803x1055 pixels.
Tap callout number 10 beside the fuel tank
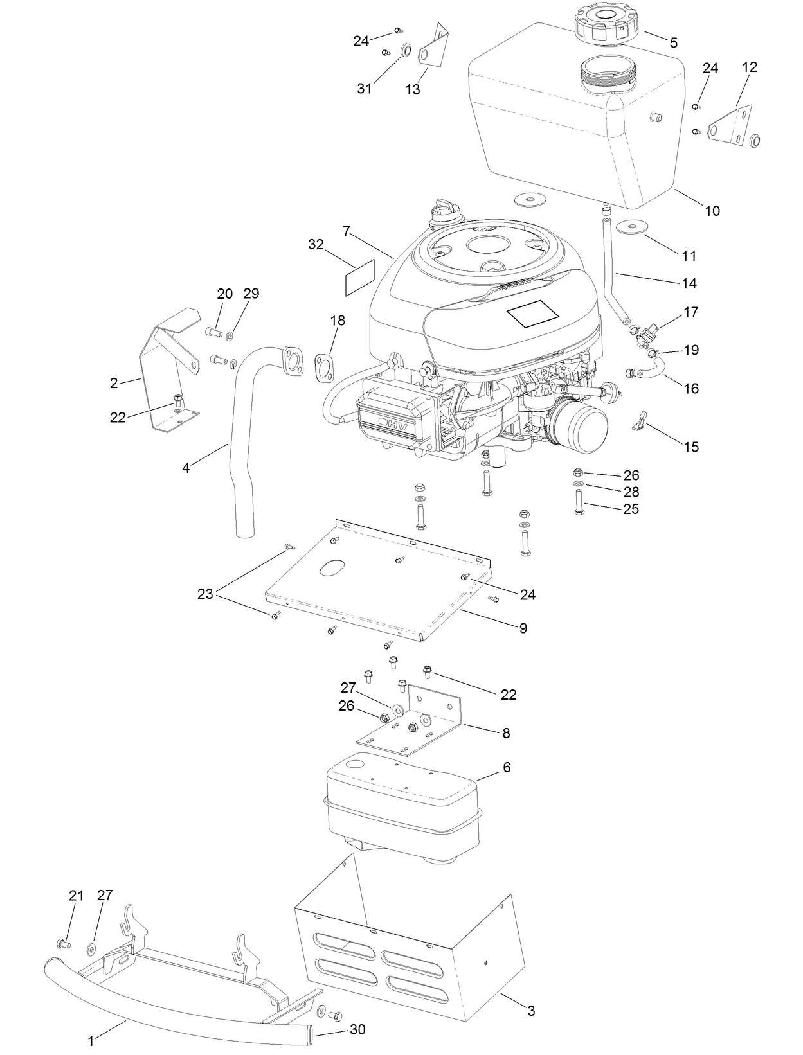click(x=712, y=211)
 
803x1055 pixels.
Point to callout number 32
click(x=316, y=244)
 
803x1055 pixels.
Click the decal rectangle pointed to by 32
click(x=359, y=280)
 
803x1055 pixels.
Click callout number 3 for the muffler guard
click(x=531, y=1011)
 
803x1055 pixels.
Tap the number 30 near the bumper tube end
click(x=357, y=1029)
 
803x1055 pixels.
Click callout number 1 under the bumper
click(x=91, y=1040)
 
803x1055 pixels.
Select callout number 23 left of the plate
click(x=204, y=594)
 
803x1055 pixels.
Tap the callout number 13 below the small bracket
click(x=413, y=89)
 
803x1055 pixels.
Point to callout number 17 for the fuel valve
click(x=690, y=313)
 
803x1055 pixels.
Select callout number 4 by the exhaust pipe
click(x=186, y=468)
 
